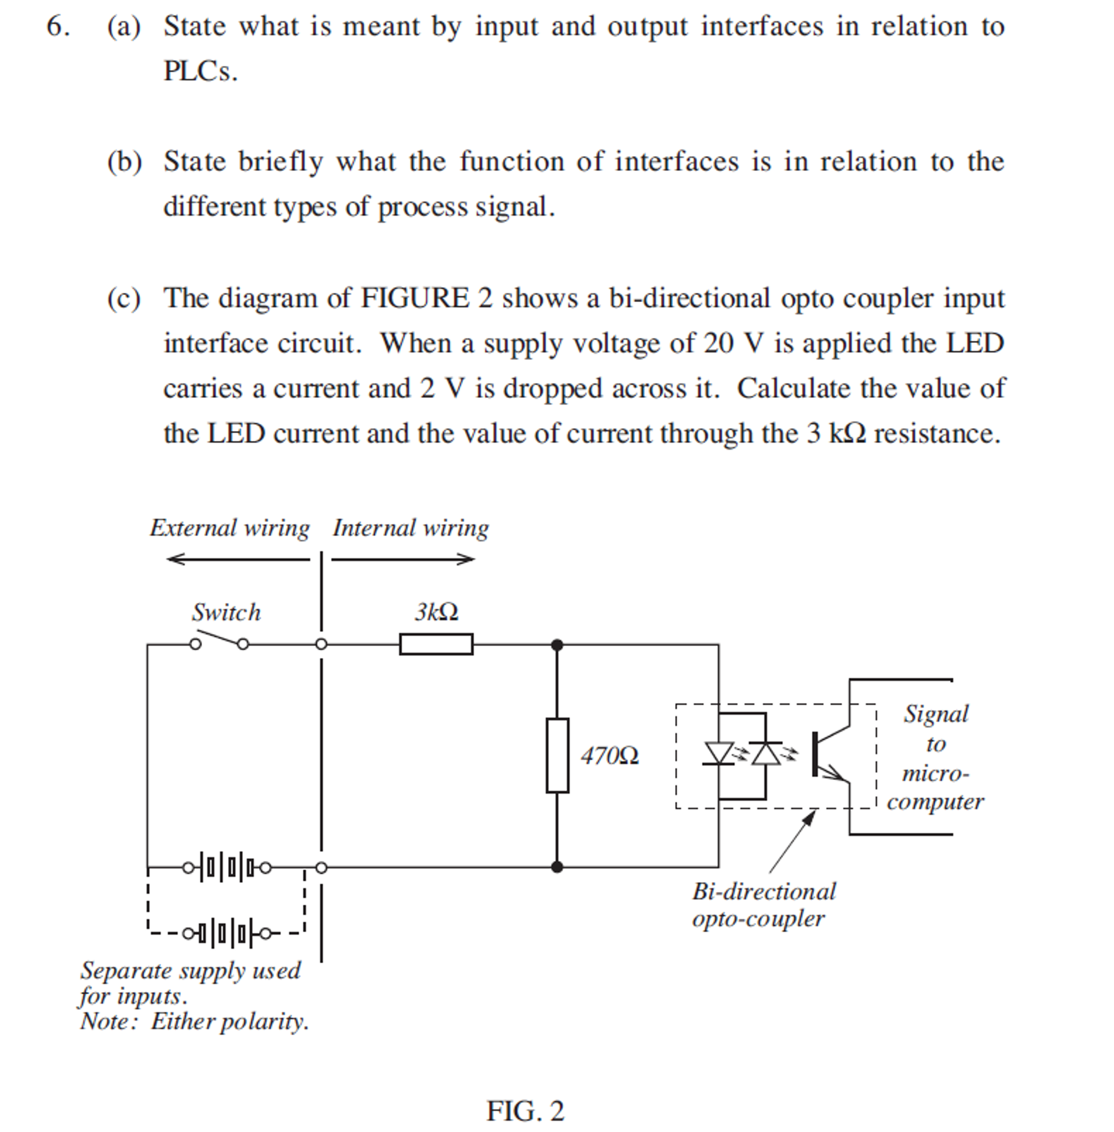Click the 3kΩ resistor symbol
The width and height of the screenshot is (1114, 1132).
436,644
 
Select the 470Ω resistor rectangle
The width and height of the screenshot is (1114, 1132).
557,755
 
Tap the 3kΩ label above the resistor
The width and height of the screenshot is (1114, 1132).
437,612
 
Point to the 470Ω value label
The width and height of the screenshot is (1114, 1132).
609,756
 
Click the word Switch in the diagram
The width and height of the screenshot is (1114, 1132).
226,612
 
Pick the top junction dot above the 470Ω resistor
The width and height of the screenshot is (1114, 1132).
557,645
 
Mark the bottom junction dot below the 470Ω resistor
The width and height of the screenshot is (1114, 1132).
557,866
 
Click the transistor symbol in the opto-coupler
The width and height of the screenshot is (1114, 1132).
828,755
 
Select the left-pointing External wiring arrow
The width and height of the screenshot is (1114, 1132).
237,559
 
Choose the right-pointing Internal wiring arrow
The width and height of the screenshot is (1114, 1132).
404,559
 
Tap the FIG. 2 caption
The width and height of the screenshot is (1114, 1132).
525,1110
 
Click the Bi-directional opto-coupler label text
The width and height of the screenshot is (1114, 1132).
764,905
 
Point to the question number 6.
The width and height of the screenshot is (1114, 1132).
58,27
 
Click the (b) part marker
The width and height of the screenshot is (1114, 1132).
124,162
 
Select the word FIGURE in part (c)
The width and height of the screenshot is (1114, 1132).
414,298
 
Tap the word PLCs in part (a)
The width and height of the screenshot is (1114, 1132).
200,71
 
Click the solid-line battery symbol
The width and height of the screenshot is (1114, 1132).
227,867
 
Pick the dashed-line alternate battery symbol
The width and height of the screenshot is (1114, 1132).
227,933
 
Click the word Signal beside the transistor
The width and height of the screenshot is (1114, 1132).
936,714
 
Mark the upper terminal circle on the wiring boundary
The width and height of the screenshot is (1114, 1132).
321,644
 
